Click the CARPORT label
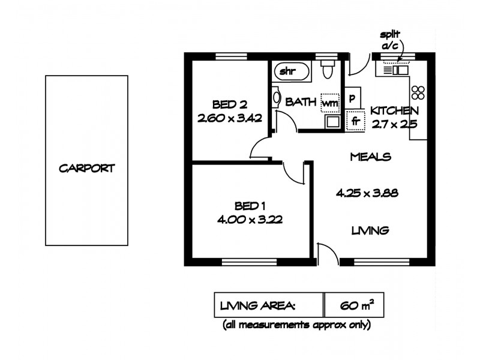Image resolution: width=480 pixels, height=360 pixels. click(x=86, y=169)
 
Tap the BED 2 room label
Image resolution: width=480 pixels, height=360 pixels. click(x=230, y=103)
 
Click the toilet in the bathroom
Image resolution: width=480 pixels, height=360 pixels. click(x=328, y=71)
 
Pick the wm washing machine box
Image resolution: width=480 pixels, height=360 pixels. click(x=329, y=103)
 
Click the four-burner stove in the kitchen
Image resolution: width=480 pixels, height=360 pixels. click(x=418, y=92)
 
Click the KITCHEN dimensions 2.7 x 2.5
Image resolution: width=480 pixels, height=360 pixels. click(x=394, y=125)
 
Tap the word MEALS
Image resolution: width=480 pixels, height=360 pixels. click(x=370, y=157)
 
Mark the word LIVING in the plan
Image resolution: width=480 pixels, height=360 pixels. click(x=370, y=230)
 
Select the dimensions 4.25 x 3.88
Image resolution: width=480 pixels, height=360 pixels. click(x=367, y=193)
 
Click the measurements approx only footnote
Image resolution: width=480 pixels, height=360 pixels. click(x=296, y=326)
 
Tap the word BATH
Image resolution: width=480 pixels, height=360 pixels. click(x=301, y=102)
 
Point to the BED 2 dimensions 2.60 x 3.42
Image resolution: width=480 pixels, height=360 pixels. click(x=230, y=118)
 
